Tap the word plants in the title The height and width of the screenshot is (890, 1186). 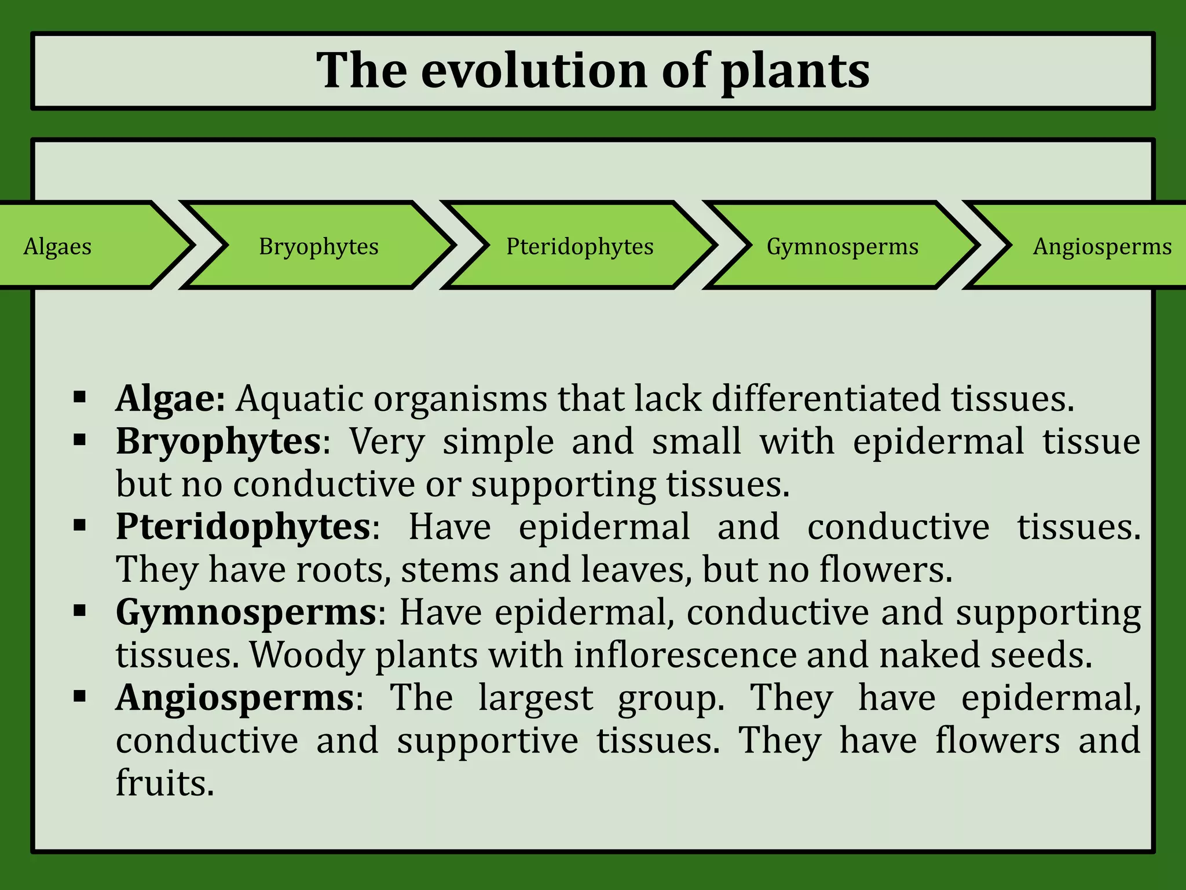point(795,71)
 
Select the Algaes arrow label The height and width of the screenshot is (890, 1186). point(57,247)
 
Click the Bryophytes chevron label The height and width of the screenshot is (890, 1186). point(319,247)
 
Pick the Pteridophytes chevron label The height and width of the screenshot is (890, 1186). point(580,247)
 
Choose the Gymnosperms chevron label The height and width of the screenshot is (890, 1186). point(843,247)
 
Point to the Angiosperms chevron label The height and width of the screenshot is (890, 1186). point(1102,247)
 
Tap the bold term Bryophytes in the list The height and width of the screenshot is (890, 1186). point(218,442)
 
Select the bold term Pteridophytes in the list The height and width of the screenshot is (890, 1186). point(243,527)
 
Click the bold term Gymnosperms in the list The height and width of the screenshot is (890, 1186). point(246,612)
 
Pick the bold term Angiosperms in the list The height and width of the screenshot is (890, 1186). point(235,698)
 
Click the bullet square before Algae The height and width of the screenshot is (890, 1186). point(80,397)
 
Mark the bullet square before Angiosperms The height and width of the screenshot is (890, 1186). point(80,696)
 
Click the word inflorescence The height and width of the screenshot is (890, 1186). point(685,655)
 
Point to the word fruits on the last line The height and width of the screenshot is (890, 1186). point(164,783)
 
